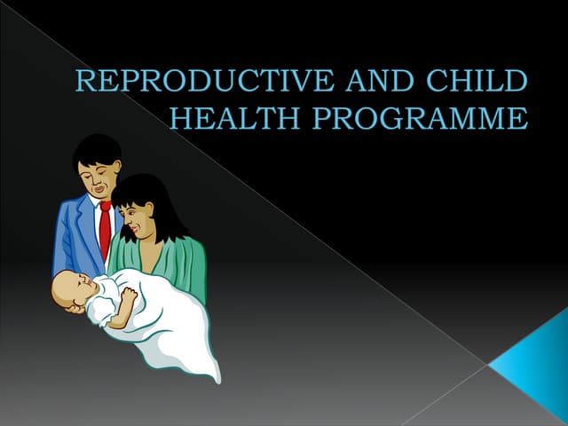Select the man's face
(x=99, y=174)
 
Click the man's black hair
(x=97, y=149)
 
